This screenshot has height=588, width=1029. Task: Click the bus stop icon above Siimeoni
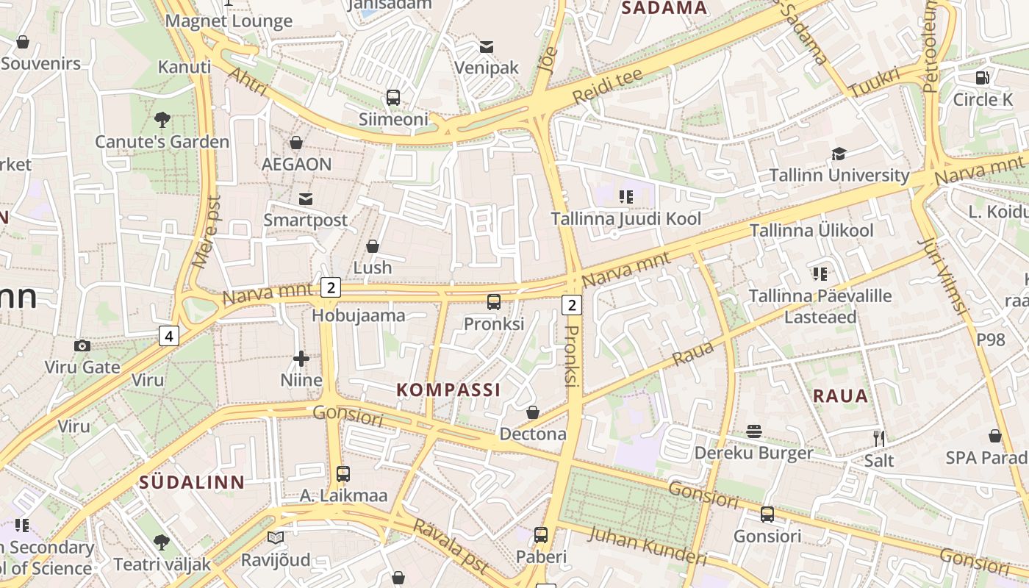click(393, 97)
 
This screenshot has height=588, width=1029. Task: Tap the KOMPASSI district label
click(448, 390)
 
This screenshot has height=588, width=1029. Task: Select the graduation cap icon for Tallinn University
click(839, 154)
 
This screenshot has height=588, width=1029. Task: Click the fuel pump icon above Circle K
click(982, 78)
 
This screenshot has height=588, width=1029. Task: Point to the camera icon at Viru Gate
click(82, 345)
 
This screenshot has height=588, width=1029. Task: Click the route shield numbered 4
click(169, 336)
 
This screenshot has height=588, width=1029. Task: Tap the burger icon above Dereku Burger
click(754, 431)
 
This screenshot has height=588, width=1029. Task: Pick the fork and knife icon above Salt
click(878, 439)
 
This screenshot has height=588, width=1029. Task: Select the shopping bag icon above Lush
click(373, 246)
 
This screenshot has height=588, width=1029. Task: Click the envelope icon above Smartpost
click(305, 198)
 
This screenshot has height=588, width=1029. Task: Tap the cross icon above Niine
click(301, 359)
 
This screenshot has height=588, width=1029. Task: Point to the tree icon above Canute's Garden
click(162, 119)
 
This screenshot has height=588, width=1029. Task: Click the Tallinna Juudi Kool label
click(625, 218)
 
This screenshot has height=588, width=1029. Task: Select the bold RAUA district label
click(840, 396)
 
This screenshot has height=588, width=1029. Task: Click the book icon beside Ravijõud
click(275, 538)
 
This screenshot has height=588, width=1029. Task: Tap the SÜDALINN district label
click(192, 482)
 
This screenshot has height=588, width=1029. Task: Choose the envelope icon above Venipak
click(486, 47)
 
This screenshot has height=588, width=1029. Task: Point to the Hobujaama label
click(359, 315)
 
